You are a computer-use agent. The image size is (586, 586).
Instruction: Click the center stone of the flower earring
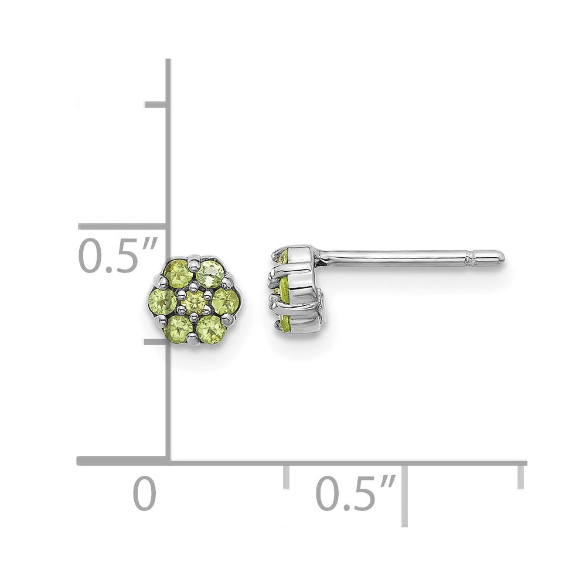[194, 302]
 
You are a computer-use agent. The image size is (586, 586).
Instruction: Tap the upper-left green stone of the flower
[178, 273]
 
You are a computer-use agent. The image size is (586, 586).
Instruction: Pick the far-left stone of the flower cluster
[162, 302]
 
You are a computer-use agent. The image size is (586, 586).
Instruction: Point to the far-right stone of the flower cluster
[225, 302]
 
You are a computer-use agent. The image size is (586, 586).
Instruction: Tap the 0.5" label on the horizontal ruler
[356, 493]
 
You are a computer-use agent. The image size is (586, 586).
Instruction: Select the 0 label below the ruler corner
[144, 493]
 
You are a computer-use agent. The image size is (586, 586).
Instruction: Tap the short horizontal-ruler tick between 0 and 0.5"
[286, 476]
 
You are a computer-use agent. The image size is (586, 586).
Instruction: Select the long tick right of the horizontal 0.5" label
[405, 492]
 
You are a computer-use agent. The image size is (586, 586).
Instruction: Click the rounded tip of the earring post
[499, 256]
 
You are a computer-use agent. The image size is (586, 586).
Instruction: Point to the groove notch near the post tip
[469, 256]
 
